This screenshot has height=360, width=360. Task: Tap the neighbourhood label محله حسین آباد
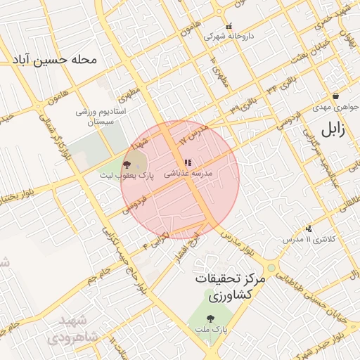coord(53,60)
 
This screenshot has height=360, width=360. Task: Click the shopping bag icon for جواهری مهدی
coord(336,96)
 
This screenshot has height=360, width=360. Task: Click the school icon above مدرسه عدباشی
coord(187,163)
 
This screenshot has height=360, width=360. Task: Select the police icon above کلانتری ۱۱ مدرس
coord(309,228)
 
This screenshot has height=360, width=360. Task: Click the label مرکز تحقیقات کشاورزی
coord(231,288)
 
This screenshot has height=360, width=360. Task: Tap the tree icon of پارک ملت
coord(212,317)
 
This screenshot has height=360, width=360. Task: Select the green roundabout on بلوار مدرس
coord(271,268)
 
